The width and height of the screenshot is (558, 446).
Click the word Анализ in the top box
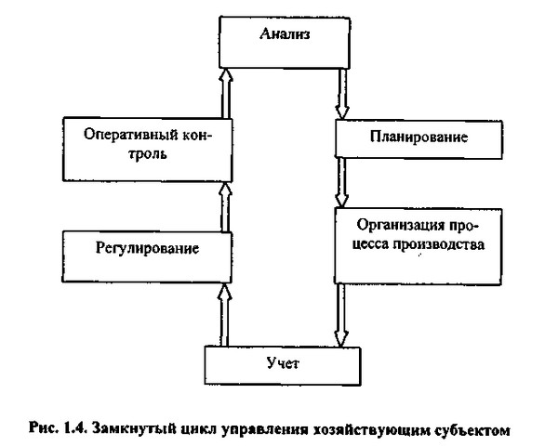pyautogui.click(x=285, y=33)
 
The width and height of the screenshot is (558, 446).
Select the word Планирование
pyautogui.click(x=418, y=137)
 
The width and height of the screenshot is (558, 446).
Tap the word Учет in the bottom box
pyautogui.click(x=283, y=362)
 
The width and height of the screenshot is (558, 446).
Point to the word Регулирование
pyautogui.click(x=147, y=248)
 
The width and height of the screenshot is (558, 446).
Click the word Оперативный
pyautogui.click(x=131, y=135)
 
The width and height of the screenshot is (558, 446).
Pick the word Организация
pyautogui.click(x=401, y=225)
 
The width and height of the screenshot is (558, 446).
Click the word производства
pyautogui.click(x=439, y=244)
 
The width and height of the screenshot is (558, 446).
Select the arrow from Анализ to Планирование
pyautogui.click(x=342, y=93)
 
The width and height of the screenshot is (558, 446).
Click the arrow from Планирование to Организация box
pyautogui.click(x=341, y=182)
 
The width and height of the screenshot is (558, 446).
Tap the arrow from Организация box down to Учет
pyautogui.click(x=341, y=315)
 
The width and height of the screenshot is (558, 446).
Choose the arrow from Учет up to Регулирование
pyautogui.click(x=224, y=314)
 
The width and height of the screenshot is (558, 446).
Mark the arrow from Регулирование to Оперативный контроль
pyautogui.click(x=225, y=207)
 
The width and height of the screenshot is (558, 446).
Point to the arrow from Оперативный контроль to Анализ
pyautogui.click(x=226, y=93)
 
